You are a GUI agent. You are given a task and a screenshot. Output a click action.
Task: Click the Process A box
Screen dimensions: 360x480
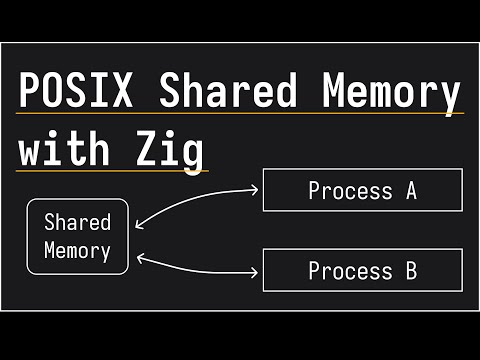tap(362, 190)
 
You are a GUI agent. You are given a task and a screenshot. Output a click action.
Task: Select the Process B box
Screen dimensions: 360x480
tap(362, 270)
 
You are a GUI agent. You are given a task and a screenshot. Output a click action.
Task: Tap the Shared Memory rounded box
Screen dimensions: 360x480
tap(77, 236)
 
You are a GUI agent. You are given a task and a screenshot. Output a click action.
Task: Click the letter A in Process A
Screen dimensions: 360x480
tap(410, 190)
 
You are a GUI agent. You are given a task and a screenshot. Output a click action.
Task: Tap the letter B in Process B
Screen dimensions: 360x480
tap(410, 270)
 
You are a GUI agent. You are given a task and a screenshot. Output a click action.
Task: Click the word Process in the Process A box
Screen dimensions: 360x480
tap(350, 190)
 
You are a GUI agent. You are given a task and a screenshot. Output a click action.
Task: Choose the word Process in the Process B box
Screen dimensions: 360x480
tap(350, 270)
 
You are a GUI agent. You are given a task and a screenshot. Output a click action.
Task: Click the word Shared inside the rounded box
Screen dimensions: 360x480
tap(77, 222)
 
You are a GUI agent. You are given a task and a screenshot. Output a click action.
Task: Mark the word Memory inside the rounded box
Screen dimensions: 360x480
tap(77, 250)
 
